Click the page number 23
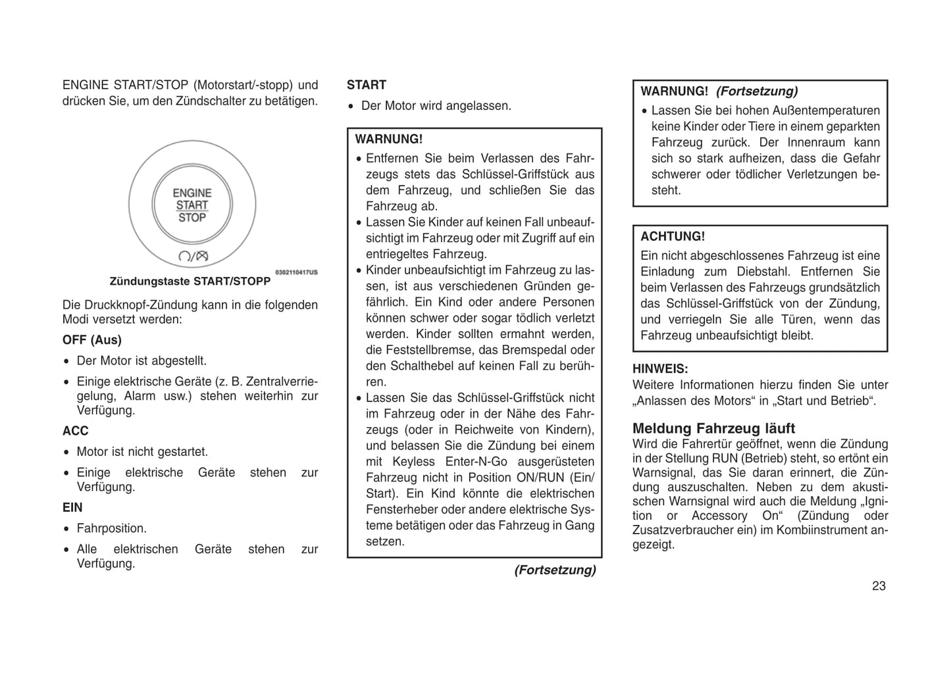point(879,586)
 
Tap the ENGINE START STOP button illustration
point(192,205)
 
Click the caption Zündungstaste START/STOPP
point(190,282)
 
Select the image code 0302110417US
point(296,272)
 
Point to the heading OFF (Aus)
point(92,340)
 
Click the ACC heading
point(75,431)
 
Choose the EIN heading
point(72,508)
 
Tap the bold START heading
point(367,85)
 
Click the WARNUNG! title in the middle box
point(389,139)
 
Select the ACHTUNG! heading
point(673,237)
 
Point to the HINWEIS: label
point(660,369)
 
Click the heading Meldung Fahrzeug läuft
point(714,428)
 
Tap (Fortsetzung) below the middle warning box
point(555,570)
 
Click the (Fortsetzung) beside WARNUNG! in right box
point(757,91)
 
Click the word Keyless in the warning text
point(413,462)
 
